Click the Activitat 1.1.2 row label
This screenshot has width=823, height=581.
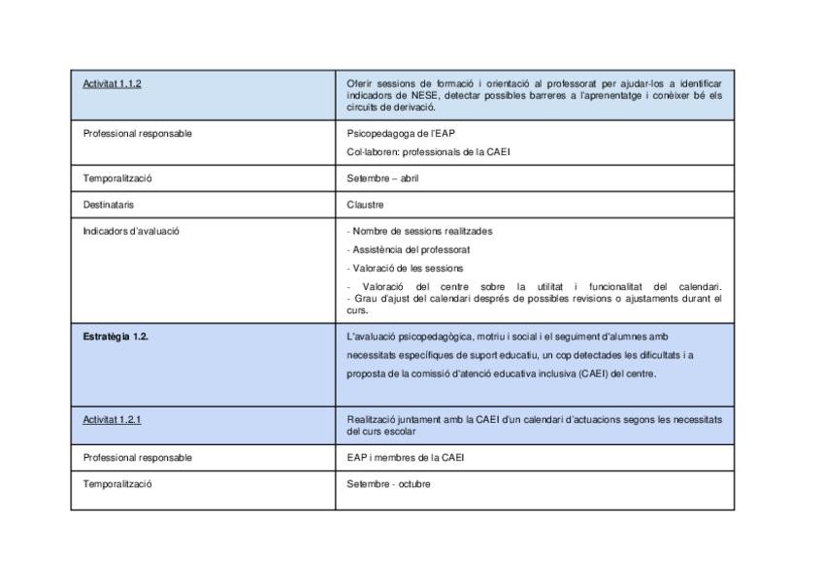(113, 84)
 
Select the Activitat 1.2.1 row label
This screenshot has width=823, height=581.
(113, 420)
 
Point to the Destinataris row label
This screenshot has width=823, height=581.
(108, 206)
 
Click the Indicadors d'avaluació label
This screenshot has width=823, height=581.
(132, 231)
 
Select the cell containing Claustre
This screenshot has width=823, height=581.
(364, 206)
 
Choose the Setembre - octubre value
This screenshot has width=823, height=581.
(388, 484)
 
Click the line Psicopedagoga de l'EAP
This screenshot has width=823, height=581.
(394, 133)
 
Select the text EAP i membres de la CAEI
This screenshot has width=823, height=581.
(405, 458)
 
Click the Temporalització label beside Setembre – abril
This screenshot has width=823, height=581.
(117, 179)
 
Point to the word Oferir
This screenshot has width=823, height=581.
(357, 84)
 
